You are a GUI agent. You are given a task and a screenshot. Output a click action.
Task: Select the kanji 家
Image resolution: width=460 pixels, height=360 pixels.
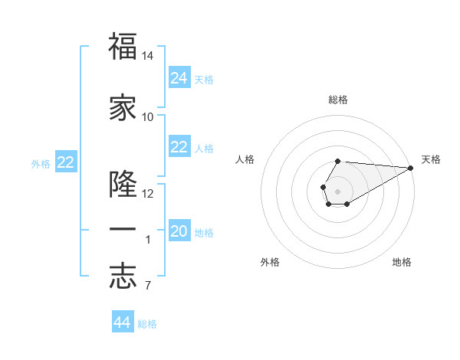point(123,108)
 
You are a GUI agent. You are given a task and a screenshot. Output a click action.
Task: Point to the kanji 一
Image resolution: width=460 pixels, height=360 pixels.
point(123,230)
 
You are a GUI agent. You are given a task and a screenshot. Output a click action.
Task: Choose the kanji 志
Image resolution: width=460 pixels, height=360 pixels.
point(123,277)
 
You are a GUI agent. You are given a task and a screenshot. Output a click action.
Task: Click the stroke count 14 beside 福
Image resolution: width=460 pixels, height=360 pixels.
point(148,57)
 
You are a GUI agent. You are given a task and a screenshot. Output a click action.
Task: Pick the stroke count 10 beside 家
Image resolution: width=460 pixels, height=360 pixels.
point(148,117)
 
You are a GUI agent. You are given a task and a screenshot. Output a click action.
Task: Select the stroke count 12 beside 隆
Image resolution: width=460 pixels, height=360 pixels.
point(148,194)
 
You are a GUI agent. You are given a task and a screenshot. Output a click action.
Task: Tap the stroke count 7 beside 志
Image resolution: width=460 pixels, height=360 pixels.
point(148,286)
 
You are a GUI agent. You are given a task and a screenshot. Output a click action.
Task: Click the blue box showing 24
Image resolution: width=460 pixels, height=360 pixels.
point(179,78)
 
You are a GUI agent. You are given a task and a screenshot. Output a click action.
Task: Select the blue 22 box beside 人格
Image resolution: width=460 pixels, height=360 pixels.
point(179,147)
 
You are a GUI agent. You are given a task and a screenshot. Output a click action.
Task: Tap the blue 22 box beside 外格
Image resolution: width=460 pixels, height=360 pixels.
point(65,162)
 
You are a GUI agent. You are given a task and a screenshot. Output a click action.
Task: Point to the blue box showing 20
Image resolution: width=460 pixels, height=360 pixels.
point(179,231)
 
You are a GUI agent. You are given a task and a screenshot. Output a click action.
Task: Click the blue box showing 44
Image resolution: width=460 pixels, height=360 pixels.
point(123,322)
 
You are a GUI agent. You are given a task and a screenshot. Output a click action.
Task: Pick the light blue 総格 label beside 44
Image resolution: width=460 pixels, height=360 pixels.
point(147,324)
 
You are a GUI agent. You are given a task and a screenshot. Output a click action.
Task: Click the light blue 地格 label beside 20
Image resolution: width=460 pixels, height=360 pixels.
point(204,233)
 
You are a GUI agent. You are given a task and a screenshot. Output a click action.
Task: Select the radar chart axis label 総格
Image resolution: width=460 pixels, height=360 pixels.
point(337,100)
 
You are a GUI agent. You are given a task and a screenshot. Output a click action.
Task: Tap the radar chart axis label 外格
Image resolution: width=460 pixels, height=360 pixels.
point(270,262)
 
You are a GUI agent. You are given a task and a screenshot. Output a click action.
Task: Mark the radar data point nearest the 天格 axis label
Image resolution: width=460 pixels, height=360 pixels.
point(411,168)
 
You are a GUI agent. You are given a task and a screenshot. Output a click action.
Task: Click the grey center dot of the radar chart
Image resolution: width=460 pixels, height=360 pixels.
point(337,190)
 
